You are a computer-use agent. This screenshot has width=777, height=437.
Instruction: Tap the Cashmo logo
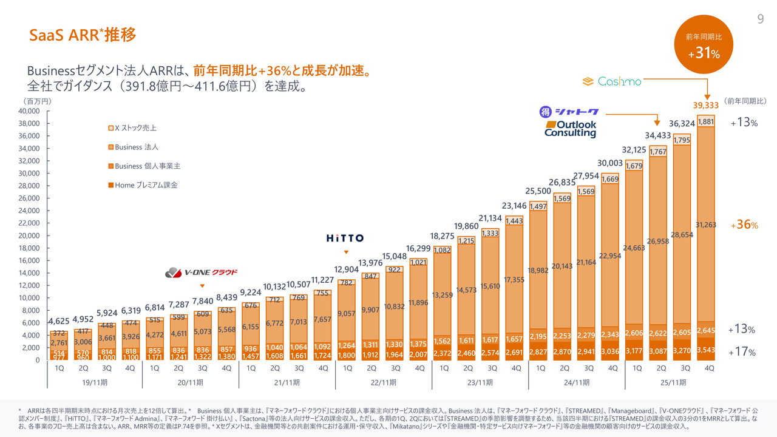612,81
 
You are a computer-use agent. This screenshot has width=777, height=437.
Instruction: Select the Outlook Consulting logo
570,129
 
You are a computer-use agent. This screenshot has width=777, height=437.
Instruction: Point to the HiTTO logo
345,238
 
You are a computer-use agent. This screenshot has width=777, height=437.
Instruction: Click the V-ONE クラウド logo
202,272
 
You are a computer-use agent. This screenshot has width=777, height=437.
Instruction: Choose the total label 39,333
706,104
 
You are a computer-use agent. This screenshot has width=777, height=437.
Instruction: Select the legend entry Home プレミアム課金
142,185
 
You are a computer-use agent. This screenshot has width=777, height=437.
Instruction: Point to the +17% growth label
743,351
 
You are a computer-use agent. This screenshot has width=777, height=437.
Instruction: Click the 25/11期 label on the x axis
673,382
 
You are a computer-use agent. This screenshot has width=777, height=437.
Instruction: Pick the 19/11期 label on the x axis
95,382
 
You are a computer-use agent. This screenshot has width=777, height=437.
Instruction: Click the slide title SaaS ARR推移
83,35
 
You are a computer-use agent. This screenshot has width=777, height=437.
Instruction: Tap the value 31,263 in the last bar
706,225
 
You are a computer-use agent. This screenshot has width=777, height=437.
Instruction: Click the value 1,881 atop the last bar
706,121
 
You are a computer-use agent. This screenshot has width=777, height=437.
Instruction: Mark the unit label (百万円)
37,101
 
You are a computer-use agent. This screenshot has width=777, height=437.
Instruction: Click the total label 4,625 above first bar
59,320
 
